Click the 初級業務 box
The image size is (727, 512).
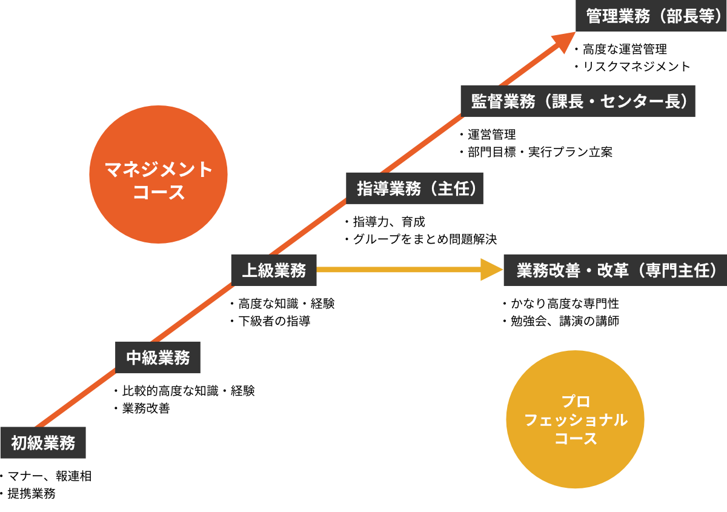coord(42,443)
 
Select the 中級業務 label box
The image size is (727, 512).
coord(158,357)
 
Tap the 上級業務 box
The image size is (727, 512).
coord(274,270)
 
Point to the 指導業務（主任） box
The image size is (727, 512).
coord(415,188)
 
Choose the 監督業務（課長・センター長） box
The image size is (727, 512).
coord(577,101)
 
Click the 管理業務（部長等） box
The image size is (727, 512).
coord(651,15)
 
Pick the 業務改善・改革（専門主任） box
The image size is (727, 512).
coord(615,270)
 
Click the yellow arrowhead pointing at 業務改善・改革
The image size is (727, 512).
coord(491,270)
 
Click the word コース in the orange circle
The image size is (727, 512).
coord(158,193)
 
